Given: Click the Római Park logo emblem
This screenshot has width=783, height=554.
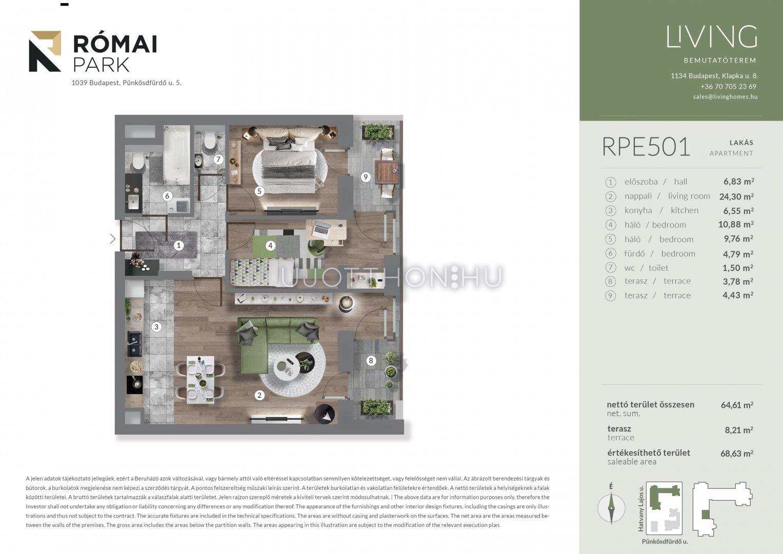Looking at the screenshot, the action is [x=45, y=51].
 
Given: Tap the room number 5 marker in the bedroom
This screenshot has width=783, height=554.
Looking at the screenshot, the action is [x=259, y=191].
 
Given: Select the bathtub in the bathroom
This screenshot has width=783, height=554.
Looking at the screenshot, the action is [x=176, y=154].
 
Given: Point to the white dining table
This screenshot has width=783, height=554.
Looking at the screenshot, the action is [x=200, y=380].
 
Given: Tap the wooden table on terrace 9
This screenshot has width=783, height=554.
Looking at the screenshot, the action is [x=386, y=172].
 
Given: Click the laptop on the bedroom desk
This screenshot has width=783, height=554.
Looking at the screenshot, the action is [x=322, y=228].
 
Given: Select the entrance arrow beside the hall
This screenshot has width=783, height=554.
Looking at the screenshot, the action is [x=113, y=239].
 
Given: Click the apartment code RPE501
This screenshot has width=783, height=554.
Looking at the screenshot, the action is [x=646, y=147].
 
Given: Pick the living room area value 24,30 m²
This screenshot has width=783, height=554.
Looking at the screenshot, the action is [x=736, y=196].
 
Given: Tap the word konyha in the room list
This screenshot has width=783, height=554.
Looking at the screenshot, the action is [x=638, y=210].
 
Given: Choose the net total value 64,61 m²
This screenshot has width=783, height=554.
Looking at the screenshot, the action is [x=737, y=405].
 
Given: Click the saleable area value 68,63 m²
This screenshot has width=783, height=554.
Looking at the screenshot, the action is [x=736, y=453].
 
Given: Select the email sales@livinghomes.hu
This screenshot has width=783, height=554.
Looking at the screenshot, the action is [x=726, y=97].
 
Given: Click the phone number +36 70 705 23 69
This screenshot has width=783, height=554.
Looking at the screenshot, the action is [x=729, y=86].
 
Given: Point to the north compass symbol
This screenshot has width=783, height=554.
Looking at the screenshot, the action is [x=611, y=507].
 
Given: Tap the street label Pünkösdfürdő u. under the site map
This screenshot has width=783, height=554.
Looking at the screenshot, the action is [x=665, y=541].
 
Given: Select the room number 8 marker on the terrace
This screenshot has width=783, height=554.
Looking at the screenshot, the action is [x=371, y=361].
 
